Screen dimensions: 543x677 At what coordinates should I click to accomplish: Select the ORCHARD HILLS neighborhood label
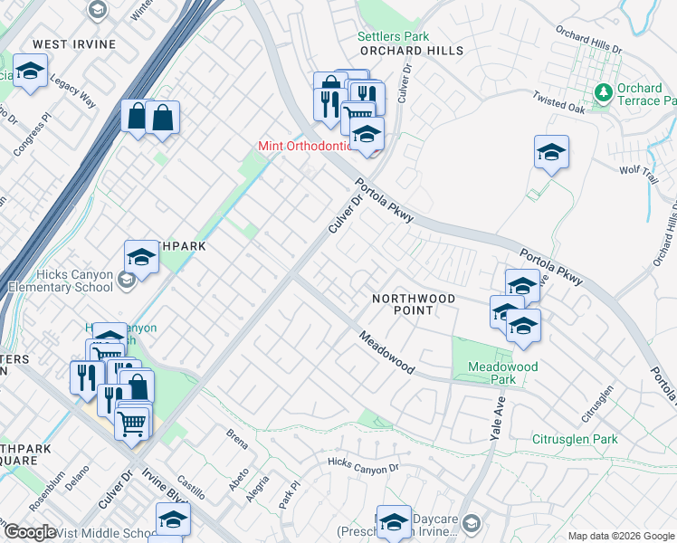(x=410, y=52)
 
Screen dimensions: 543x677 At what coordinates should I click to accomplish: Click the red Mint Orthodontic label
(x=305, y=146)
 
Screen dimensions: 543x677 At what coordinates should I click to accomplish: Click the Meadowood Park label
(x=502, y=373)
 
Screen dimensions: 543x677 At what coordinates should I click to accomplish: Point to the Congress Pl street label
(x=34, y=136)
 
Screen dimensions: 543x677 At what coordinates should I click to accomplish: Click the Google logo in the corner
(x=30, y=532)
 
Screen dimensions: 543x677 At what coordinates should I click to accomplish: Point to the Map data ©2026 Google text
(x=620, y=536)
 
